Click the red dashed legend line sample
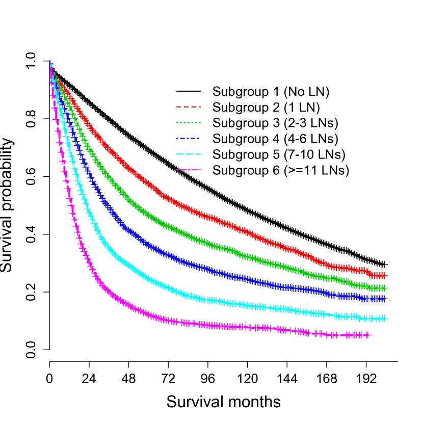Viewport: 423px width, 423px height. [x=189, y=107]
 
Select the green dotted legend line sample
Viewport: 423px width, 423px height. [x=189, y=123]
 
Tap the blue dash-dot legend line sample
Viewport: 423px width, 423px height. [x=189, y=139]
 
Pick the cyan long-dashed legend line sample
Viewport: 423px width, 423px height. [x=189, y=154]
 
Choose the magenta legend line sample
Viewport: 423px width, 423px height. [x=189, y=170]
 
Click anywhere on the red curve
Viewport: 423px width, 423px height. [x=204, y=215]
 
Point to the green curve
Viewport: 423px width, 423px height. [x=204, y=243]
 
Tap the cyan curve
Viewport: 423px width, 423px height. [x=204, y=299]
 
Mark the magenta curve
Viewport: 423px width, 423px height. [x=204, y=324]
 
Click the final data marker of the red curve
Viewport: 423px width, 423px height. [x=384, y=276]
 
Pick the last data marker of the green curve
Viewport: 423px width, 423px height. [x=384, y=288]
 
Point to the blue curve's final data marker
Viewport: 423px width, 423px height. [x=384, y=299]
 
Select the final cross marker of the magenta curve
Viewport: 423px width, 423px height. [x=367, y=335]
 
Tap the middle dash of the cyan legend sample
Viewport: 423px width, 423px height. [x=189, y=154]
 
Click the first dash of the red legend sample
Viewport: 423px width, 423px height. [x=179, y=107]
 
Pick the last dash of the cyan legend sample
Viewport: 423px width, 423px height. [x=198, y=154]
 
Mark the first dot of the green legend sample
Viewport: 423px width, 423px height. [x=177, y=123]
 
